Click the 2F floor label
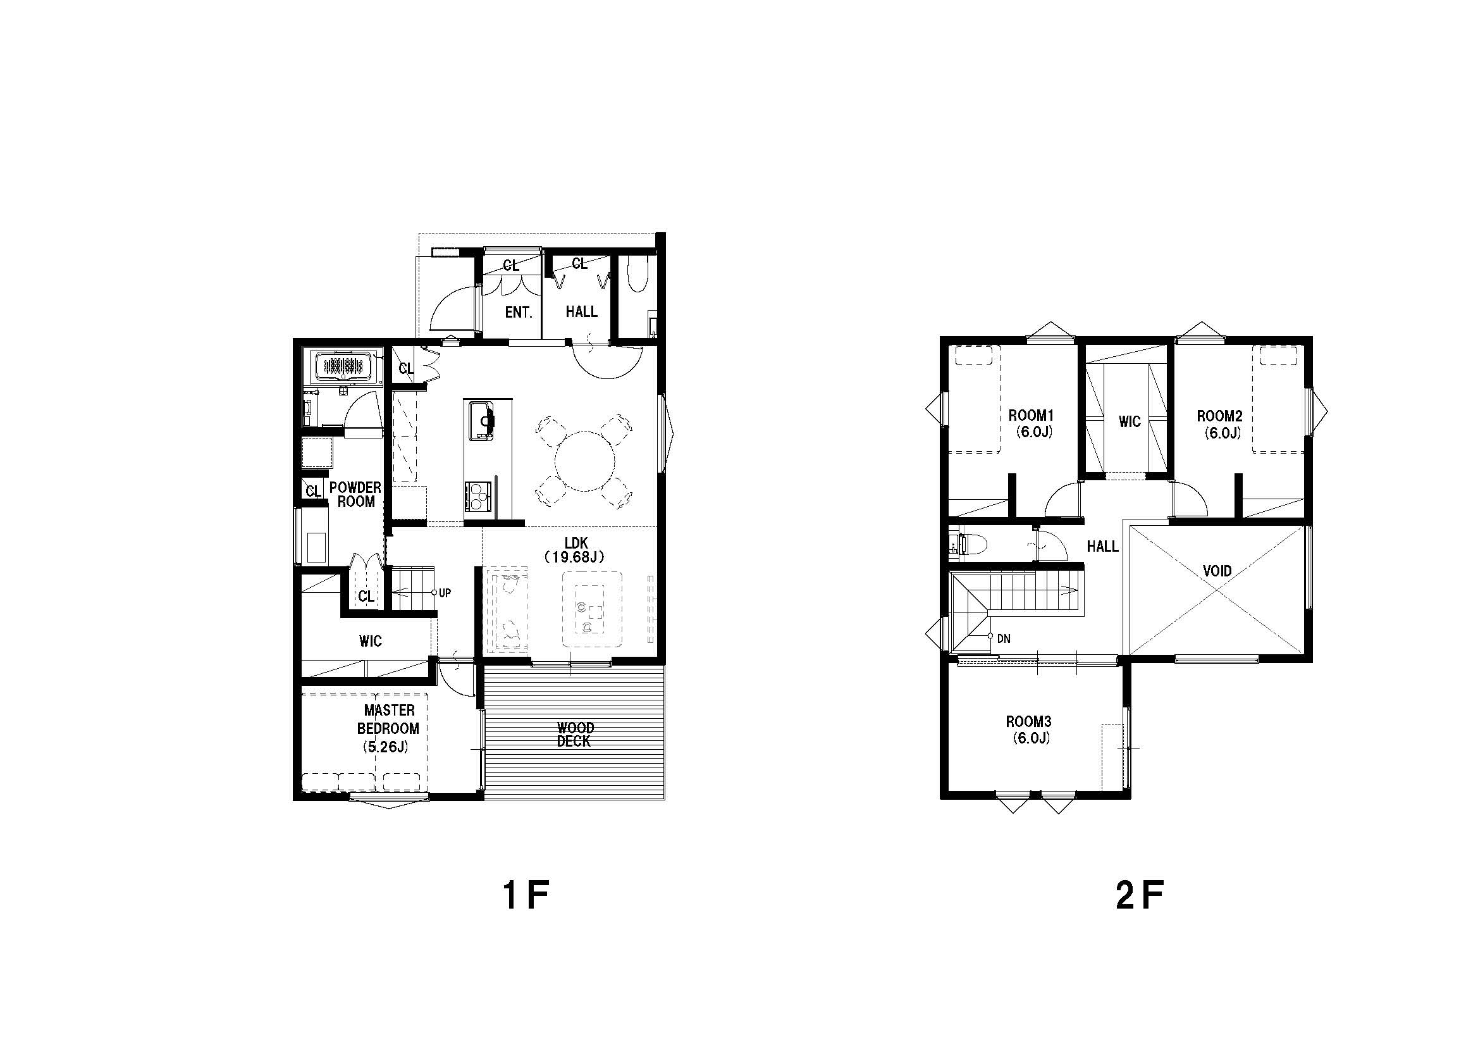[x=1141, y=896]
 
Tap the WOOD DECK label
[x=574, y=734]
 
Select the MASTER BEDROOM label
[x=388, y=728]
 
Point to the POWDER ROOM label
[x=355, y=494]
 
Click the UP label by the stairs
[x=445, y=593]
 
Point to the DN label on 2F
[x=1003, y=639]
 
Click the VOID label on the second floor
[x=1217, y=571]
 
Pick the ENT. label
[x=519, y=313]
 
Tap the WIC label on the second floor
[x=1130, y=422]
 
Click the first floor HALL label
[x=581, y=312]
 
